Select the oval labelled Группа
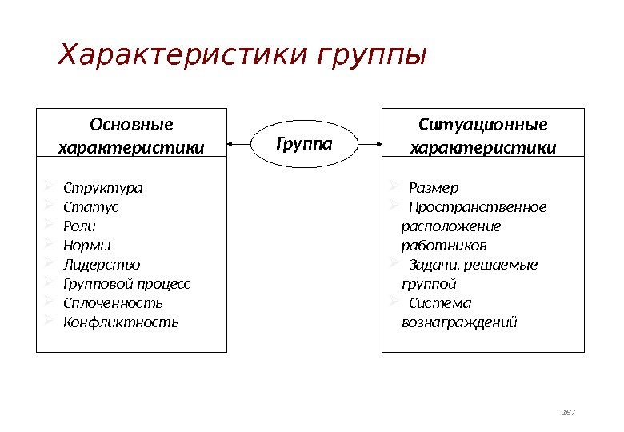point(304,144)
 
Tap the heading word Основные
point(132,125)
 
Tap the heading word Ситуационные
point(483,125)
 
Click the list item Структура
point(103,189)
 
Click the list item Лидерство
point(102,265)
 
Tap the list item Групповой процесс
point(127,284)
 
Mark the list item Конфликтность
point(122,322)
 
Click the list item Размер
point(434,189)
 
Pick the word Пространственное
point(478,207)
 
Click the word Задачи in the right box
point(430,265)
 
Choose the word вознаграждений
point(459,322)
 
